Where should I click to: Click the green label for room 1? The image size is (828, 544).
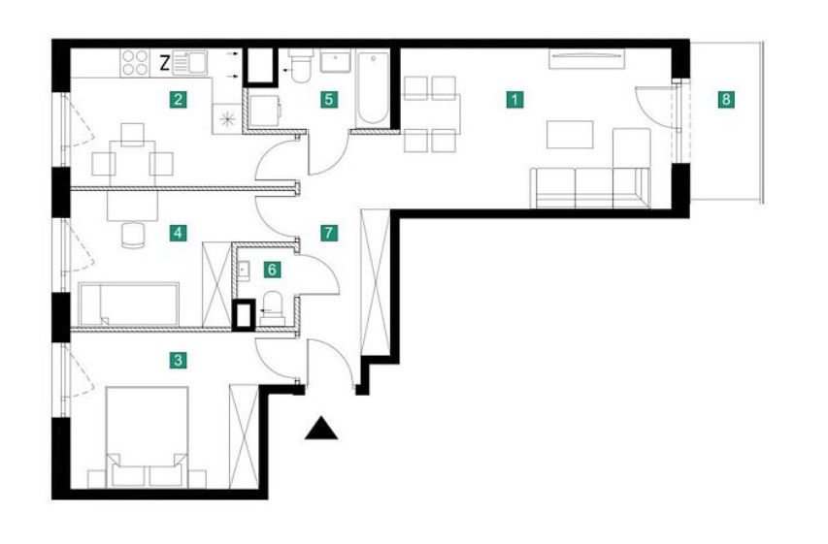tap(514, 99)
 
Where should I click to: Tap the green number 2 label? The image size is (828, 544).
tap(178, 99)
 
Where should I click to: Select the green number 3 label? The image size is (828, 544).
tap(178, 361)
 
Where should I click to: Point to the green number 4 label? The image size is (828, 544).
tap(178, 233)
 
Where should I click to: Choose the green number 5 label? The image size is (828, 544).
tap(329, 99)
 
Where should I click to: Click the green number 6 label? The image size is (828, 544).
tap(272, 271)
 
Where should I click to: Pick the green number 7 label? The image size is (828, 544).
tap(329, 233)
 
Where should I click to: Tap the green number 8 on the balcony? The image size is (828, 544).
tap(727, 99)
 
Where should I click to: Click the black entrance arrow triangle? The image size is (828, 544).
tap(321, 428)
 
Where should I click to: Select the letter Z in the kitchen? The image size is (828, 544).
tap(165, 64)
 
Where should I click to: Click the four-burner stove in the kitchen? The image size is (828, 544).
tap(135, 63)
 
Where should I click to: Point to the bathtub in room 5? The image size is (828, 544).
tap(373, 88)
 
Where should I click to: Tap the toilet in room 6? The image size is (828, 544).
tap(273, 307)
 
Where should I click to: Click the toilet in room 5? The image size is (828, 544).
tap(301, 66)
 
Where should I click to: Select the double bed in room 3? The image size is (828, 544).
tap(148, 437)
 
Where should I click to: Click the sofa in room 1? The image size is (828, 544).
tap(590, 187)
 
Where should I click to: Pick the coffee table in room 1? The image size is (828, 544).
tap(570, 134)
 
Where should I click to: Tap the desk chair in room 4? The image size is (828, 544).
tap(133, 235)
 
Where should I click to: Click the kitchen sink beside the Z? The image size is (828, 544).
tap(189, 63)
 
